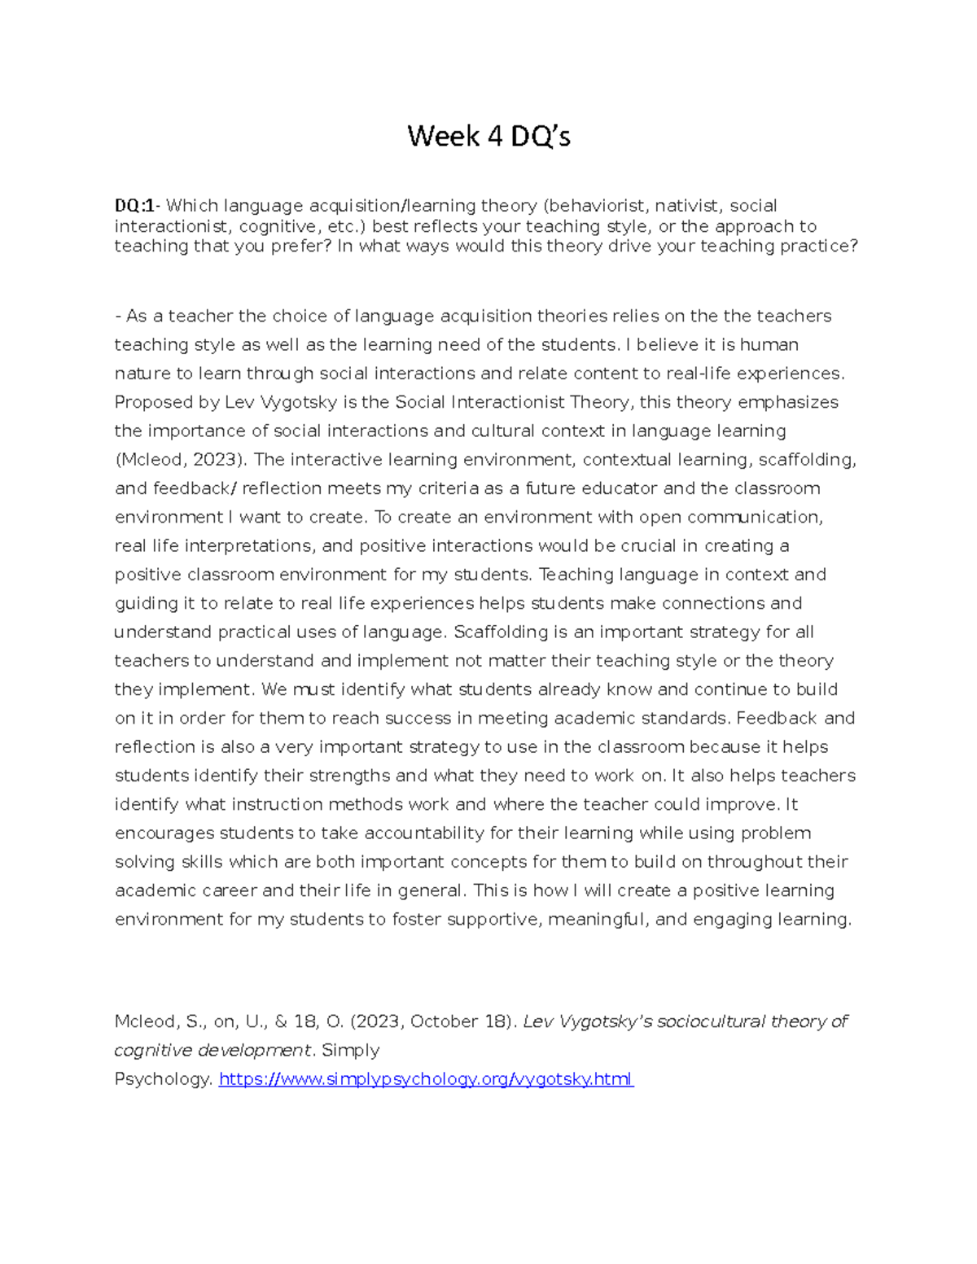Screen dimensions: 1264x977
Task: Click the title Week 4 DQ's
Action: [488, 137]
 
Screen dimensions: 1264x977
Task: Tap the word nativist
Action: [687, 206]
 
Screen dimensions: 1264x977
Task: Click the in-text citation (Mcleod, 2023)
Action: [180, 460]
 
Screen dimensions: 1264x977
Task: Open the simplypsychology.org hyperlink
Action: [426, 1079]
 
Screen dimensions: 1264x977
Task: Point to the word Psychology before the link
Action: [163, 1079]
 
